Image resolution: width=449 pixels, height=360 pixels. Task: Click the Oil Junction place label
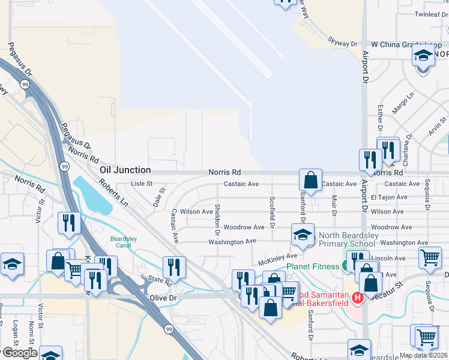tap(124, 170)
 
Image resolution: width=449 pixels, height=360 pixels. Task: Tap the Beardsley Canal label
tap(123, 242)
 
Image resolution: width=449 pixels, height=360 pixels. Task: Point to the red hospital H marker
tap(358, 297)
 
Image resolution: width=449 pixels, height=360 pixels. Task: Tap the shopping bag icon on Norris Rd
tap(310, 179)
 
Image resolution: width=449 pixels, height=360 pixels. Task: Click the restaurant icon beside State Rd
tap(174, 266)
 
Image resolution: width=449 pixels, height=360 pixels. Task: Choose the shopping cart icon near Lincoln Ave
tap(430, 258)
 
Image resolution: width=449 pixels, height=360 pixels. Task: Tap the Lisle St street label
tap(142, 184)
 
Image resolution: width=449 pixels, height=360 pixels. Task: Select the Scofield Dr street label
tap(272, 212)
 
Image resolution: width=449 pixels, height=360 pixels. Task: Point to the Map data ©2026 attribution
tap(423, 355)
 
